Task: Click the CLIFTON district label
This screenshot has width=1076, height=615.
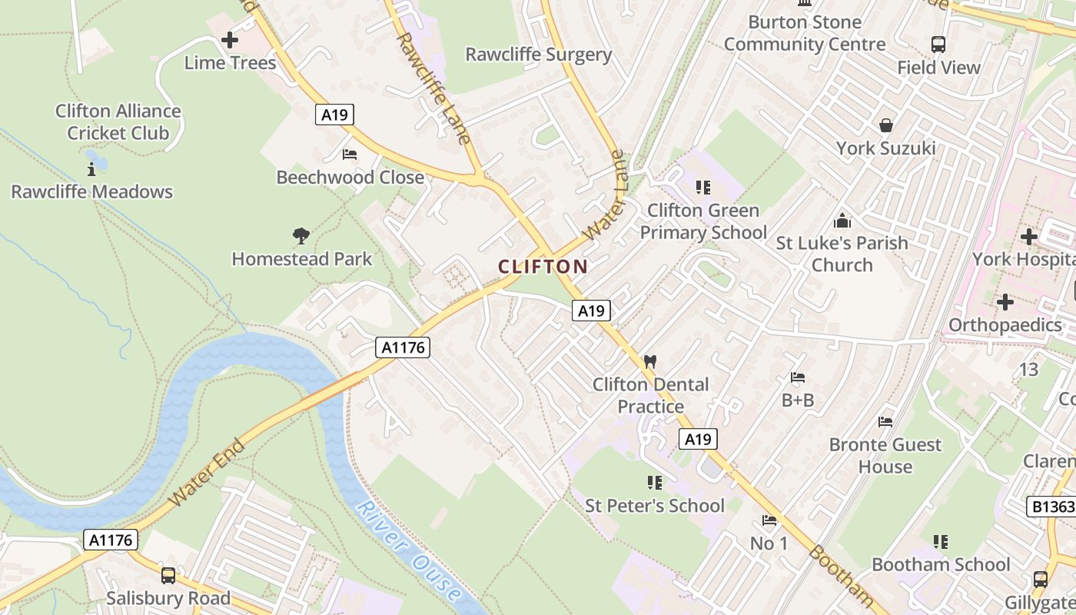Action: (x=543, y=267)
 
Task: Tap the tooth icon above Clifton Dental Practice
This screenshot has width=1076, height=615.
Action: (x=650, y=361)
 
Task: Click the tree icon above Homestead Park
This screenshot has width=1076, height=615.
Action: (x=301, y=236)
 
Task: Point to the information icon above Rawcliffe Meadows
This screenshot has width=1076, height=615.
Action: (x=91, y=168)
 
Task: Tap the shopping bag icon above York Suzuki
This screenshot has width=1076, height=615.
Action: (x=885, y=125)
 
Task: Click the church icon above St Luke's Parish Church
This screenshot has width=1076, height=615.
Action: (x=842, y=221)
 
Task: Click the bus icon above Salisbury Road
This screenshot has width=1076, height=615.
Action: (x=168, y=575)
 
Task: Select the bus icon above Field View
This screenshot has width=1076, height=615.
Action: (x=938, y=45)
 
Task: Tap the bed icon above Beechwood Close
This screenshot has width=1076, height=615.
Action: (x=350, y=155)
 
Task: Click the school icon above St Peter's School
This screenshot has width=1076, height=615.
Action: (x=654, y=483)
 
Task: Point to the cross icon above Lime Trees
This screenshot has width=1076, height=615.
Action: (x=229, y=40)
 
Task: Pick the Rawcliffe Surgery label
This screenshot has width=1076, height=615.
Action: (x=538, y=55)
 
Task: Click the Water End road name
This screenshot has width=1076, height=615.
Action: (x=207, y=472)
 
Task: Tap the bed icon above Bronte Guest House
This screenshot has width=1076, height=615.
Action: (x=885, y=422)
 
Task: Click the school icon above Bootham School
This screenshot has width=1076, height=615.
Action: (x=940, y=542)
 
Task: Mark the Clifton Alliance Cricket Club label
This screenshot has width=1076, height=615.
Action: (x=118, y=121)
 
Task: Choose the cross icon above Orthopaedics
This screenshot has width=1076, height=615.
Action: (x=1005, y=302)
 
